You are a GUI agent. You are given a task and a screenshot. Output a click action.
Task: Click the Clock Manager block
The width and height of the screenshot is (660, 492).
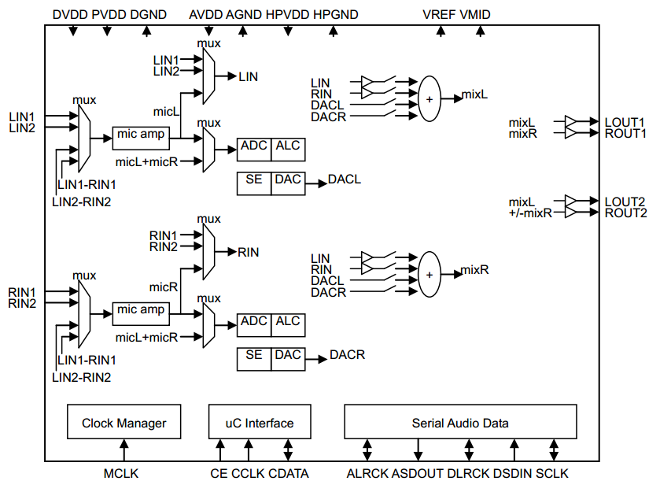pos(124,423)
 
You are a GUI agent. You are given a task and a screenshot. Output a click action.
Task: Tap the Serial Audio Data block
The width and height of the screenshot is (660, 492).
pos(460,423)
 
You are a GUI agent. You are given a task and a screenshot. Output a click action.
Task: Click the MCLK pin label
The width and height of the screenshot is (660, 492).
pos(121,474)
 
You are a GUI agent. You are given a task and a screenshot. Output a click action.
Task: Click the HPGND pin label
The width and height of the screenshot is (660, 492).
pos(336,15)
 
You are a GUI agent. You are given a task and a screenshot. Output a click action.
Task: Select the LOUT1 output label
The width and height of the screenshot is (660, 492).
pos(625,122)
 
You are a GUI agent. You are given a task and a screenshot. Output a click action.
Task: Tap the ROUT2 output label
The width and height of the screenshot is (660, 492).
pos(625,213)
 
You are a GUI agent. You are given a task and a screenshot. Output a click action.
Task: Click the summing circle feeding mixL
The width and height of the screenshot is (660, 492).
pos(430,99)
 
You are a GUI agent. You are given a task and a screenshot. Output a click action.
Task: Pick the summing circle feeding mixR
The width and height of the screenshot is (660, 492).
pos(430,274)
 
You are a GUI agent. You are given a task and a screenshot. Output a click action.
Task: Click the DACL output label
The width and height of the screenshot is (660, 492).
pos(345,179)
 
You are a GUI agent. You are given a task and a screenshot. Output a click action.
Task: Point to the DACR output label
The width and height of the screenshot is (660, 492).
pos(347,355)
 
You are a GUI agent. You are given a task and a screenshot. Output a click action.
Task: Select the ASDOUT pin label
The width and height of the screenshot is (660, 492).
pos(418,474)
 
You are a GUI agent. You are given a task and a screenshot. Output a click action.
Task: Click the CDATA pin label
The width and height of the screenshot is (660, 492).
pos(289,474)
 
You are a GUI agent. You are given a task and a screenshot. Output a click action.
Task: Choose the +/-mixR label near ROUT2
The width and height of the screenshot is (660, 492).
pos(531,213)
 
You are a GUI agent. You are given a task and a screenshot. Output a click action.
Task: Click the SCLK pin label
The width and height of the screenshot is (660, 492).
pos(552,474)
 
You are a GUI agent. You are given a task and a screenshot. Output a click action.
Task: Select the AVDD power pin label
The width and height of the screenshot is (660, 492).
pos(205,15)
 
